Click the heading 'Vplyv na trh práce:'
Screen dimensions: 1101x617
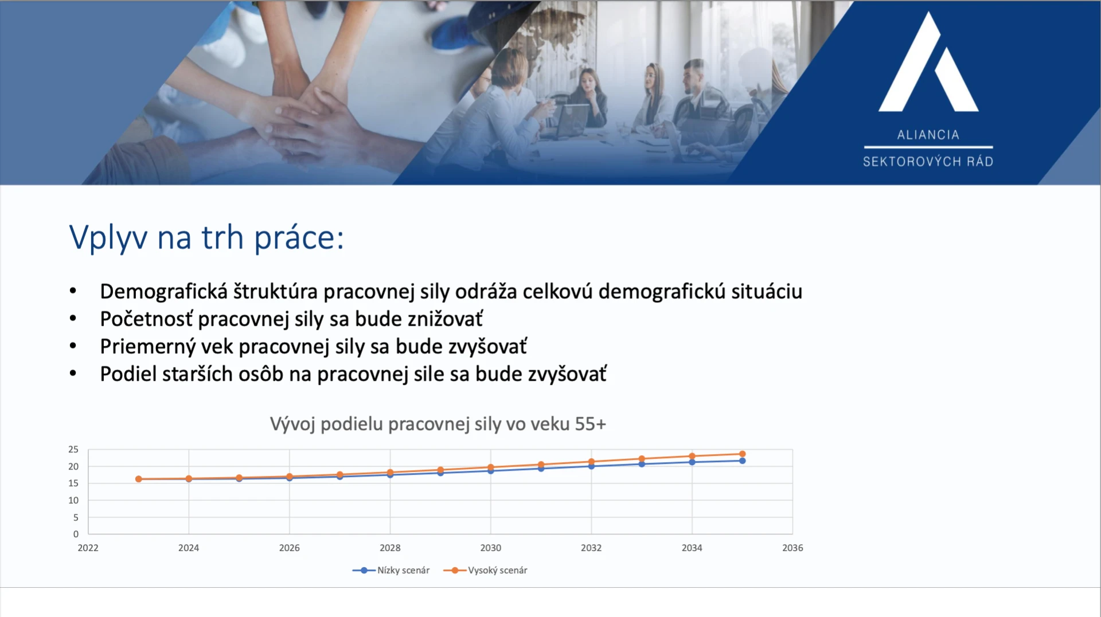point(206,237)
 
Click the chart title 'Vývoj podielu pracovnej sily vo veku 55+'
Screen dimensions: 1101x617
point(438,424)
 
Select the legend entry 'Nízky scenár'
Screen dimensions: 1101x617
point(391,570)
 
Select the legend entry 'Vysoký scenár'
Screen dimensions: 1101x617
point(485,570)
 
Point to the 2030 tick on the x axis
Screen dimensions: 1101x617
point(491,548)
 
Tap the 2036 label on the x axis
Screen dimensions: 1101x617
point(792,548)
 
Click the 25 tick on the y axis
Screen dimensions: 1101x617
point(73,450)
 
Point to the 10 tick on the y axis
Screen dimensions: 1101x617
point(73,500)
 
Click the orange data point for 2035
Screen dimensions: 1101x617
point(742,454)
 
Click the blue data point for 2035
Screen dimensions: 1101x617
point(742,460)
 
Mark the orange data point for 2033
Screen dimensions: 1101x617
point(642,459)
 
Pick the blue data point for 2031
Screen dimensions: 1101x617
point(541,468)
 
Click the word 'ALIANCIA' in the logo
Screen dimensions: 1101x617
point(928,135)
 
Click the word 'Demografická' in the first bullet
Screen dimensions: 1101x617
point(164,291)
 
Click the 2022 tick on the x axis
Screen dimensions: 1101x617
point(88,548)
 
